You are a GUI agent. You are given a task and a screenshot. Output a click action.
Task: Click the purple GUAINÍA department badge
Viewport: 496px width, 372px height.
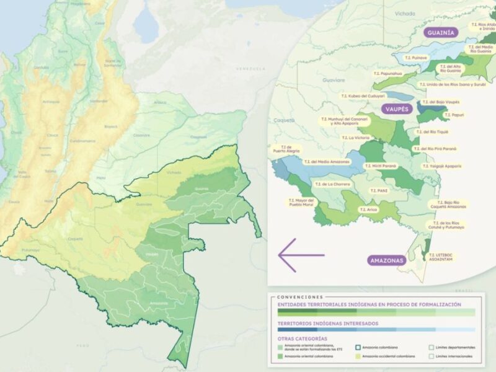(441, 32)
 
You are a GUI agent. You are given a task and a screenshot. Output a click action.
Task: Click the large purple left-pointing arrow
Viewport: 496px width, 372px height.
(301, 255)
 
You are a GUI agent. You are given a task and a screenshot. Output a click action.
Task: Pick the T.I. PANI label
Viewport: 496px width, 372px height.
(378, 191)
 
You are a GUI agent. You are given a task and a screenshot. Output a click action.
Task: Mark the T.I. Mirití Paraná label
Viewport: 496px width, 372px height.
(381, 166)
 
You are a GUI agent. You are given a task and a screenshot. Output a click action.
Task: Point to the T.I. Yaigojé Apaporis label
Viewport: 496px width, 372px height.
(445, 166)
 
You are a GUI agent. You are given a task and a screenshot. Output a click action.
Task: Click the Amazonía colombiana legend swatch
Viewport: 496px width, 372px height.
(358, 347)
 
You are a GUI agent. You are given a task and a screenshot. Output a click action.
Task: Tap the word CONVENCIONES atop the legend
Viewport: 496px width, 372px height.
(300, 297)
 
